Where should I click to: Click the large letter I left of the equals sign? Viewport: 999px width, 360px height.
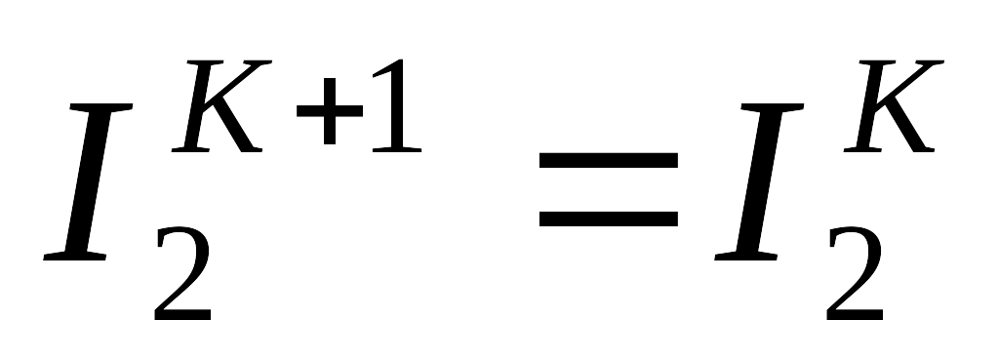click(x=88, y=181)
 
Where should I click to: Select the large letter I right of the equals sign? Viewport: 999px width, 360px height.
click(x=759, y=181)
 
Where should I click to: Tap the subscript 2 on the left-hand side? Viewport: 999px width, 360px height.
click(x=182, y=273)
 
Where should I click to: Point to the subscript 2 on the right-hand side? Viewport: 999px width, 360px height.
click(x=855, y=273)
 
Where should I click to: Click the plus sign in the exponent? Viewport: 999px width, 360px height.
click(x=330, y=111)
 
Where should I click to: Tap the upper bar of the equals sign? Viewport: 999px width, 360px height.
click(x=609, y=160)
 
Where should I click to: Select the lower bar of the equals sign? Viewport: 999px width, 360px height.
click(x=609, y=219)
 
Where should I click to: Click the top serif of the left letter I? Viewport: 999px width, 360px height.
click(x=101, y=107)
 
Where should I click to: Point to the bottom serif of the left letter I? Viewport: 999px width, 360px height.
click(x=74, y=257)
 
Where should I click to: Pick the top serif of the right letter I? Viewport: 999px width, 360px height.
click(x=773, y=107)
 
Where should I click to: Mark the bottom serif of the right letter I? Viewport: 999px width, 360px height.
click(x=746, y=257)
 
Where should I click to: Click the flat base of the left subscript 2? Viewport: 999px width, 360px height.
click(x=182, y=314)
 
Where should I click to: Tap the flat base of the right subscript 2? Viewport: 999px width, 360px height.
click(x=855, y=314)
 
